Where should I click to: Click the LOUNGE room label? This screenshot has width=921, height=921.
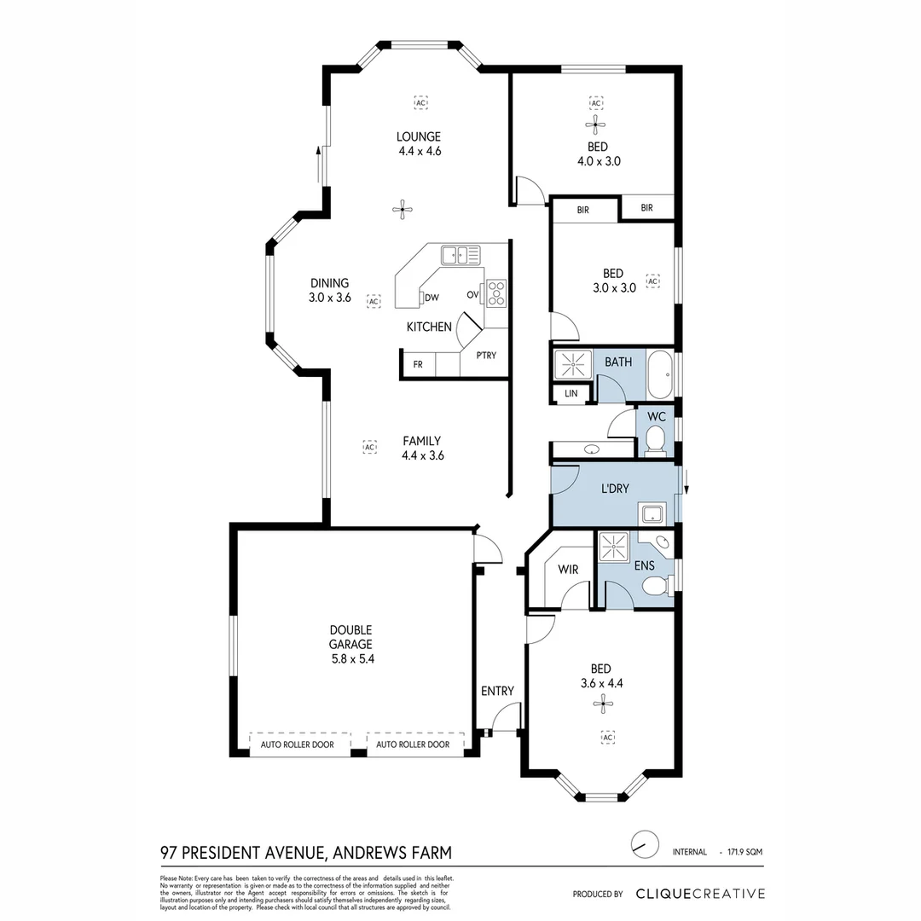point(418,136)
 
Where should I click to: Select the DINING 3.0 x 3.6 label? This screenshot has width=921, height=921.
point(329,291)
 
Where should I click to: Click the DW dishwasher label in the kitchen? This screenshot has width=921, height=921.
point(432,298)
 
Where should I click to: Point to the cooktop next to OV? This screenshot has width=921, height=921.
point(495,293)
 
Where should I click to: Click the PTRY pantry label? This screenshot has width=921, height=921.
point(486,356)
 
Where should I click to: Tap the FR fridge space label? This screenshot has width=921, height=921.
point(418,364)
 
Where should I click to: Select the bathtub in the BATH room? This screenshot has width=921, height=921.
point(660,374)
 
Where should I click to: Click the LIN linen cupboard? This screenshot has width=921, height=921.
point(571,393)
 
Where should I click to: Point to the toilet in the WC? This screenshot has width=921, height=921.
point(656,441)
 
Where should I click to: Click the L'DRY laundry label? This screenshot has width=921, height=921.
point(615,489)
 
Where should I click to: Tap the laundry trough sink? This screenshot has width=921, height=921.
point(653,513)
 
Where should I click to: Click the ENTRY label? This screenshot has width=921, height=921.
point(497,691)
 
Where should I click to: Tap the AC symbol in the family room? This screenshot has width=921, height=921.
point(369,446)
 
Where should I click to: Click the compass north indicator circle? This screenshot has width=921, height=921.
point(645,843)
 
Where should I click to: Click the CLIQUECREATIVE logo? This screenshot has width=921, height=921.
point(700,894)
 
